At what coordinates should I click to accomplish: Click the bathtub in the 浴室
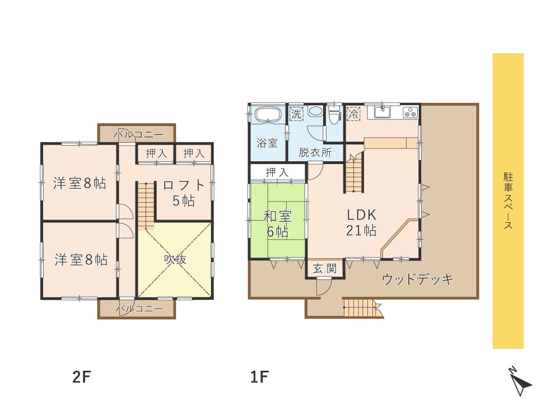pyautogui.click(x=267, y=116)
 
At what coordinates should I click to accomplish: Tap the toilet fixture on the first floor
pyautogui.click(x=334, y=116)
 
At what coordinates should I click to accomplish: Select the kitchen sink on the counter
pyautogui.click(x=382, y=111)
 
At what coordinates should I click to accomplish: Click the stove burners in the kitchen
pyautogui.click(x=410, y=112)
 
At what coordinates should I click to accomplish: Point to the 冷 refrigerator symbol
pyautogui.click(x=353, y=113)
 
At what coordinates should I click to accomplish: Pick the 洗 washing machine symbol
pyautogui.click(x=296, y=113)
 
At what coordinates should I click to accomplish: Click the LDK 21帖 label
pyautogui.click(x=361, y=222)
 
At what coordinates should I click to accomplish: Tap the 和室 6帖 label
pyautogui.click(x=277, y=222)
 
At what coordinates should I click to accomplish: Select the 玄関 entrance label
pyautogui.click(x=325, y=269)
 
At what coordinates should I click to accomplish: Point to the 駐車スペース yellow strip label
pyautogui.click(x=508, y=201)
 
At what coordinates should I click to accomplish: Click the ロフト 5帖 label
pyautogui.click(x=183, y=193)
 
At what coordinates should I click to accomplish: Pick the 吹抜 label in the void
pyautogui.click(x=175, y=259)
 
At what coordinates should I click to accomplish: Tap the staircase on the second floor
pyautogui.click(x=146, y=205)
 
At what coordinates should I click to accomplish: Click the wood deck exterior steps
pyautogui.click(x=361, y=308)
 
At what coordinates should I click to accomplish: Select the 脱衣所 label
pyautogui.click(x=315, y=152)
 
